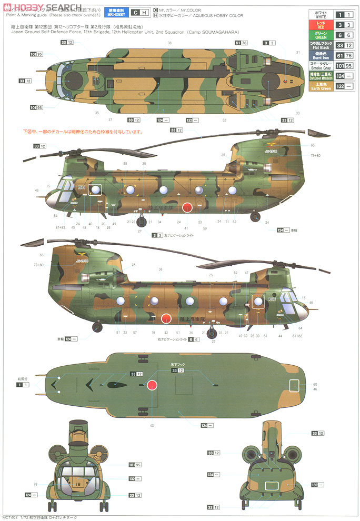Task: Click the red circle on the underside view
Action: [152, 385]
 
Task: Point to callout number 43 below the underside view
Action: [152, 425]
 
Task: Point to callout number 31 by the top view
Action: [298, 52]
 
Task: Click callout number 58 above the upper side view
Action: [125, 163]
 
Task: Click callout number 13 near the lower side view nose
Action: [304, 298]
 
